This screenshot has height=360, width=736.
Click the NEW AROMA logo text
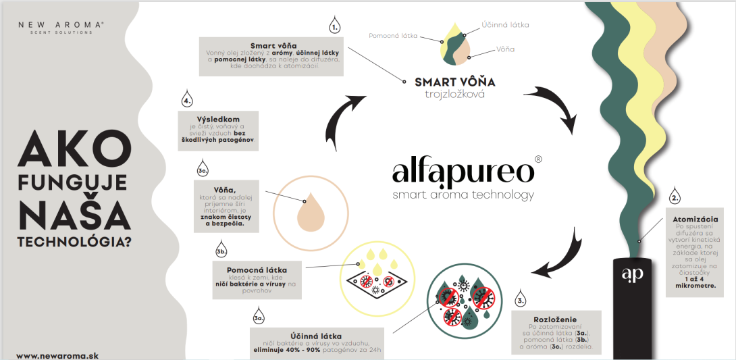click(61, 24)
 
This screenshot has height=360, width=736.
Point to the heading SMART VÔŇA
click(454, 82)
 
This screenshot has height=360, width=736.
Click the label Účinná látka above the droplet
click(505, 24)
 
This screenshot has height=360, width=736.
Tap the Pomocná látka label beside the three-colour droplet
click(394, 34)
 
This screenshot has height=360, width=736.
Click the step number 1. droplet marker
click(335, 27)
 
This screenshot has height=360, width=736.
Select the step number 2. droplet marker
click(675, 198)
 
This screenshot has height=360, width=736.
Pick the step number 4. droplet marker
click(187, 102)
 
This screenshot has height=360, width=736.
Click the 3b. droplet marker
click(220, 251)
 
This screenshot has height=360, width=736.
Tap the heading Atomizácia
click(695, 219)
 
